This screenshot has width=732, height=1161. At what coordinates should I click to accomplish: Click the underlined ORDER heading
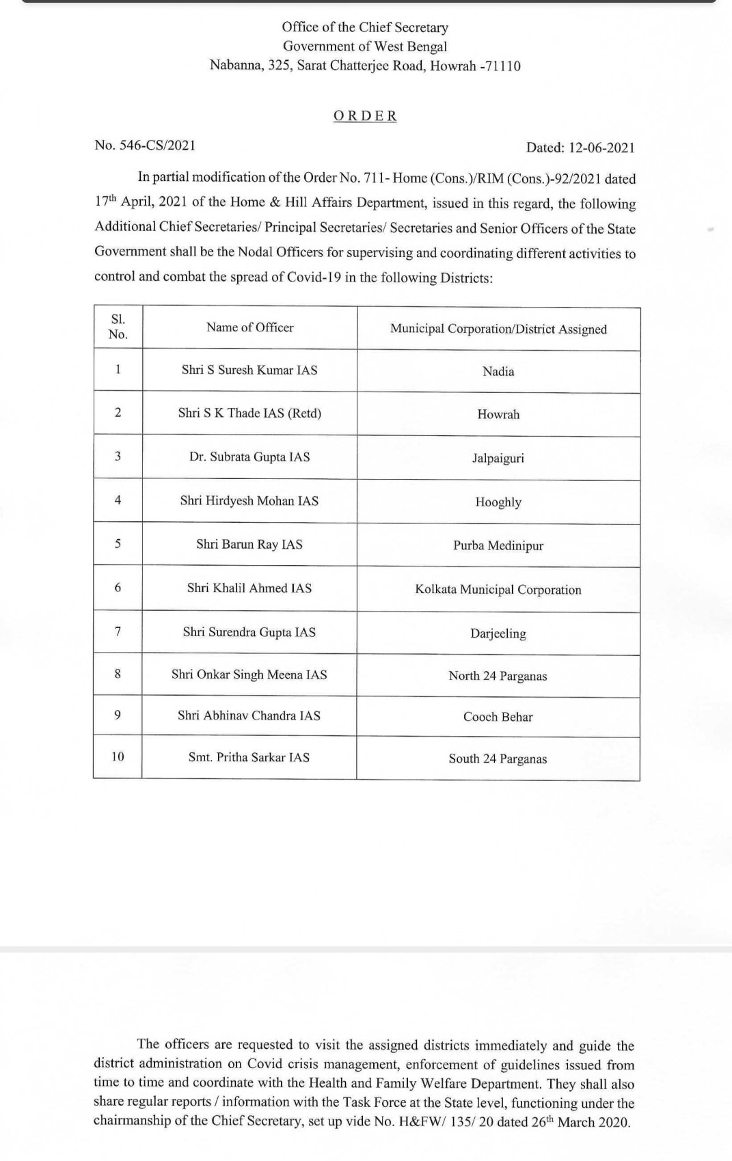pos(365,116)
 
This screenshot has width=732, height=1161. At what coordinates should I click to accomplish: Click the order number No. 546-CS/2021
pos(145,145)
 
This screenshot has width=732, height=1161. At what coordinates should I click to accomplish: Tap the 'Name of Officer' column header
pos(250,327)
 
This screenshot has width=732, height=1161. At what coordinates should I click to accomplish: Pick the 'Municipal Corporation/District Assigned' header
pos(498,329)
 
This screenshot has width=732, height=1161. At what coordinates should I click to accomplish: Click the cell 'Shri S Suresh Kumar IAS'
pos(249,370)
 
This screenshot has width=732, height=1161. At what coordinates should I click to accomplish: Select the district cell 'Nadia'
pos(498,372)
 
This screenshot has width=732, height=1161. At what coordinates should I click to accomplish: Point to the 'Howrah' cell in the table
pos(498,415)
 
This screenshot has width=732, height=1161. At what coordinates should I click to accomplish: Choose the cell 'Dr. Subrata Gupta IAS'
pos(249,456)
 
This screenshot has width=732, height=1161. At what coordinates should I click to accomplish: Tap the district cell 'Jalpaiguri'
pos(498,458)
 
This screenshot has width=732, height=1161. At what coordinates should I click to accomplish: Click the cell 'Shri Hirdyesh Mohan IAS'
pos(249,501)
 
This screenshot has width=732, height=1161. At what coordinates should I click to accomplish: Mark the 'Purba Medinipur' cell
pos(498,546)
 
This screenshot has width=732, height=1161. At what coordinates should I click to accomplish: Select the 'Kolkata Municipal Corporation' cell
pos(498,590)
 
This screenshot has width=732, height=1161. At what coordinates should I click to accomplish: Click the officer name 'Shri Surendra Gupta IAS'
pos(249,632)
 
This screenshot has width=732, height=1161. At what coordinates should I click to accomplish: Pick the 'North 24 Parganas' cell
pos(498,676)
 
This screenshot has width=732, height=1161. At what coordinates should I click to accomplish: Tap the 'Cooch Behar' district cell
pos(498,717)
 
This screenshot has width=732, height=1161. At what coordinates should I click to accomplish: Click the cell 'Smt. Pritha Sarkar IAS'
pos(249,757)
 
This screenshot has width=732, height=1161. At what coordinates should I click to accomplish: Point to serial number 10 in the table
pos(118,756)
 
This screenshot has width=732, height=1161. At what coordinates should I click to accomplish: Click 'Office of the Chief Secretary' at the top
pos(365,27)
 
